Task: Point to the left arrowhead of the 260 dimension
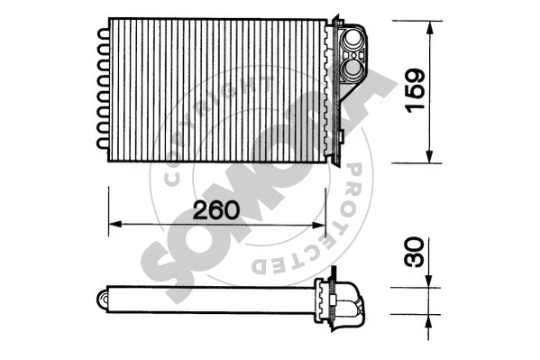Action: point(113,225)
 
